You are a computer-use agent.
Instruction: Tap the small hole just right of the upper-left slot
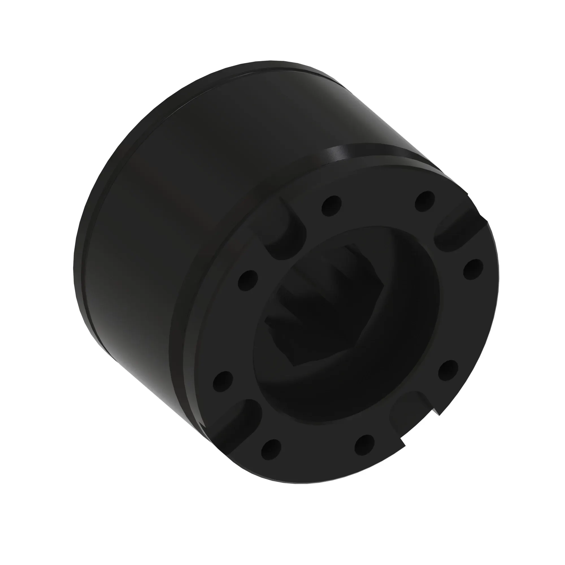point(331,206)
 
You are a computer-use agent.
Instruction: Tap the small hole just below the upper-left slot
point(248,280)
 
